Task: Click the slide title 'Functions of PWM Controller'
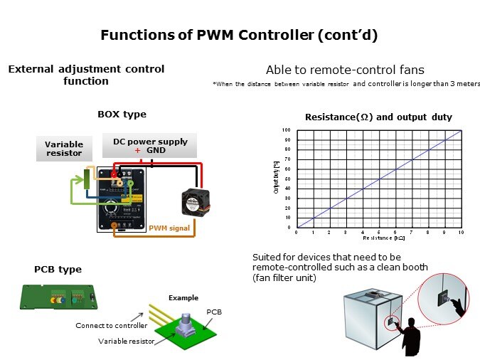pos(239,35)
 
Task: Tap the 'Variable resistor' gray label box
pos(64,149)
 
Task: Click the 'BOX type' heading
pos(122,114)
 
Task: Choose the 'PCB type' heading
pos(58,269)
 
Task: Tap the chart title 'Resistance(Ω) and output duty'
pos(378,117)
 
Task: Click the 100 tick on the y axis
pos(286,130)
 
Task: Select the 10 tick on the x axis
pos(462,233)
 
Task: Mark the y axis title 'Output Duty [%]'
pos(276,179)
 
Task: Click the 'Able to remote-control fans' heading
pos(345,70)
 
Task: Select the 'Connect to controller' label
pos(112,325)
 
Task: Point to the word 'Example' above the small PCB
pos(183,297)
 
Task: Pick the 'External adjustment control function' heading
pos(85,75)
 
